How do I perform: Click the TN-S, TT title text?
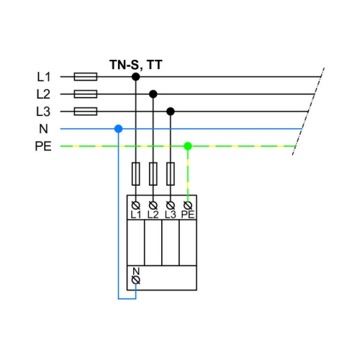pos(136,65)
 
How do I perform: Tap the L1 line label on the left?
pos(44,77)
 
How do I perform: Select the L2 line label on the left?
pos(43,94)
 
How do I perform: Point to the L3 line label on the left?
pos(43,112)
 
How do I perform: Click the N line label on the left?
pos(43,129)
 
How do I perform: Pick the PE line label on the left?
pos(43,146)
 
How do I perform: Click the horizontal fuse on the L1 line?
pos(86,77)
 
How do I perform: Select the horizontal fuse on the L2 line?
pos(86,94)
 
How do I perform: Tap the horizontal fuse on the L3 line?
pos(86,112)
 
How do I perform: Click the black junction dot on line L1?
pos(136,77)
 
